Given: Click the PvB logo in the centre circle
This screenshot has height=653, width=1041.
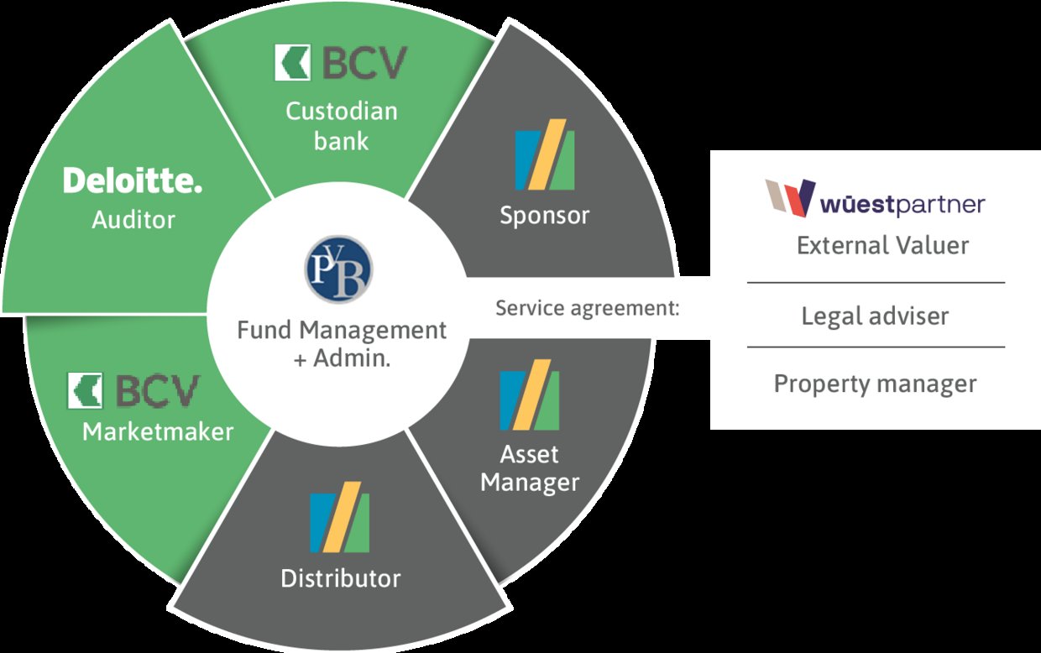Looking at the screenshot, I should [338, 269].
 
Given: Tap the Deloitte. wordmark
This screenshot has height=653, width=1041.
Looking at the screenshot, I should [133, 181].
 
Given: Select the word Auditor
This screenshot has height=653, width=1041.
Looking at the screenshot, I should [133, 220].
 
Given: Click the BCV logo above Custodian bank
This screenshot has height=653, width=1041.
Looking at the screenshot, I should [341, 64].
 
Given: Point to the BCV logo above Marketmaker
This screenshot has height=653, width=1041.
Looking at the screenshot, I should [134, 391].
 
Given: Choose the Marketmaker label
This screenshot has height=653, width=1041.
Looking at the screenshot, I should [158, 431].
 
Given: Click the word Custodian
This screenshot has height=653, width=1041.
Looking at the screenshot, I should [342, 111].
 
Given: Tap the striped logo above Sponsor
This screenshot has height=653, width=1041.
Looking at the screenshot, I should [545, 159].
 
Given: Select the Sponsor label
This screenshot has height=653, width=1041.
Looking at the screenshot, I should [545, 215].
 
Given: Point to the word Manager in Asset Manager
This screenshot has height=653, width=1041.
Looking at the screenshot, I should [530, 483].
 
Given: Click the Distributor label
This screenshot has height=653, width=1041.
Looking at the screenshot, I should [341, 578].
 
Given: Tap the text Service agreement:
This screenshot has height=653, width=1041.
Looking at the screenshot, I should [587, 308].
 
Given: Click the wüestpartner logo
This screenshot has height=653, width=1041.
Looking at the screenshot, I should [875, 200].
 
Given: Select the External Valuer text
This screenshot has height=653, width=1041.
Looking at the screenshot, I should [882, 245].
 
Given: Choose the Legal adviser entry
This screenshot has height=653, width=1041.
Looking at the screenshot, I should [875, 316].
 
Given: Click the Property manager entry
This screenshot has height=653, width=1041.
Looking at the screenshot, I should [875, 384].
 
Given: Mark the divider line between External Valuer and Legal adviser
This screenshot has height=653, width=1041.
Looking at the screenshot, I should [876, 283].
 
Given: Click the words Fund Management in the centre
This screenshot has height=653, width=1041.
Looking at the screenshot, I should [342, 330].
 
